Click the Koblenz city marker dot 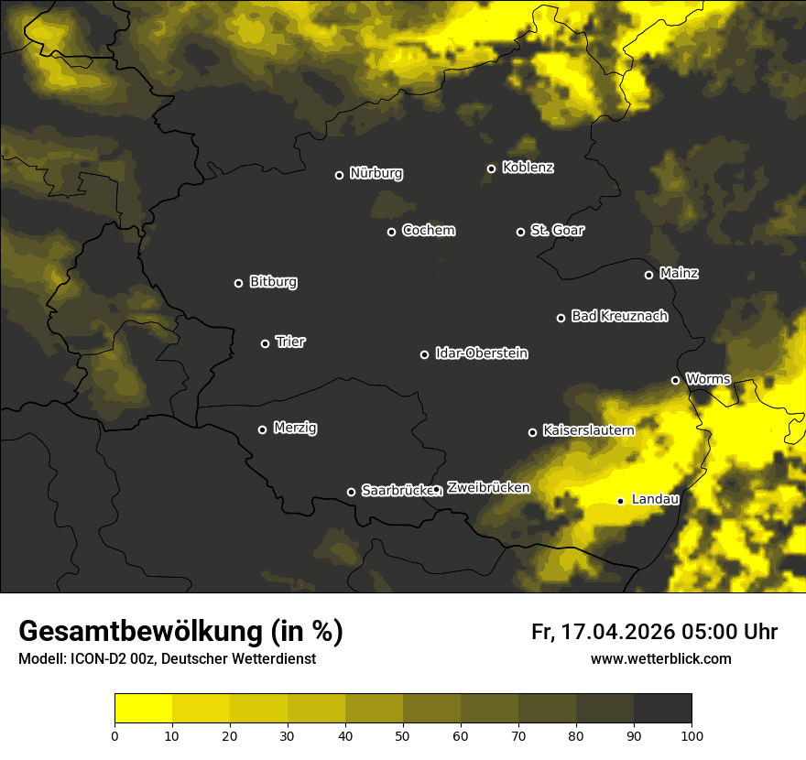pyautogui.click(x=491, y=168)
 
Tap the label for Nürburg pyautogui.click(x=376, y=173)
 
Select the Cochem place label pyautogui.click(x=428, y=230)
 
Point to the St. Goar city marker pyautogui.click(x=520, y=232)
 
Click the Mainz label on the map pyautogui.click(x=679, y=273)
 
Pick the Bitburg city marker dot pyautogui.click(x=238, y=283)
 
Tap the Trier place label pyautogui.click(x=290, y=342)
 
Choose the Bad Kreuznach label pyautogui.click(x=619, y=316)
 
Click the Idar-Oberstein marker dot pyautogui.click(x=424, y=354)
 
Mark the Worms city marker pyautogui.click(x=675, y=380)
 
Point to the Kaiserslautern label pyautogui.click(x=588, y=429)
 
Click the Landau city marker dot pyautogui.click(x=620, y=501)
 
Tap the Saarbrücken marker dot pyautogui.click(x=351, y=492)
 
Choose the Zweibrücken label pyautogui.click(x=488, y=487)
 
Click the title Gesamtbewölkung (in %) pyautogui.click(x=180, y=631)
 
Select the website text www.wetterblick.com pyautogui.click(x=660, y=658)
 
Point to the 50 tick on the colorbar pyautogui.click(x=403, y=734)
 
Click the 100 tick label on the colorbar pyautogui.click(x=692, y=734)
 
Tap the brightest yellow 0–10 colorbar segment pyautogui.click(x=143, y=708)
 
